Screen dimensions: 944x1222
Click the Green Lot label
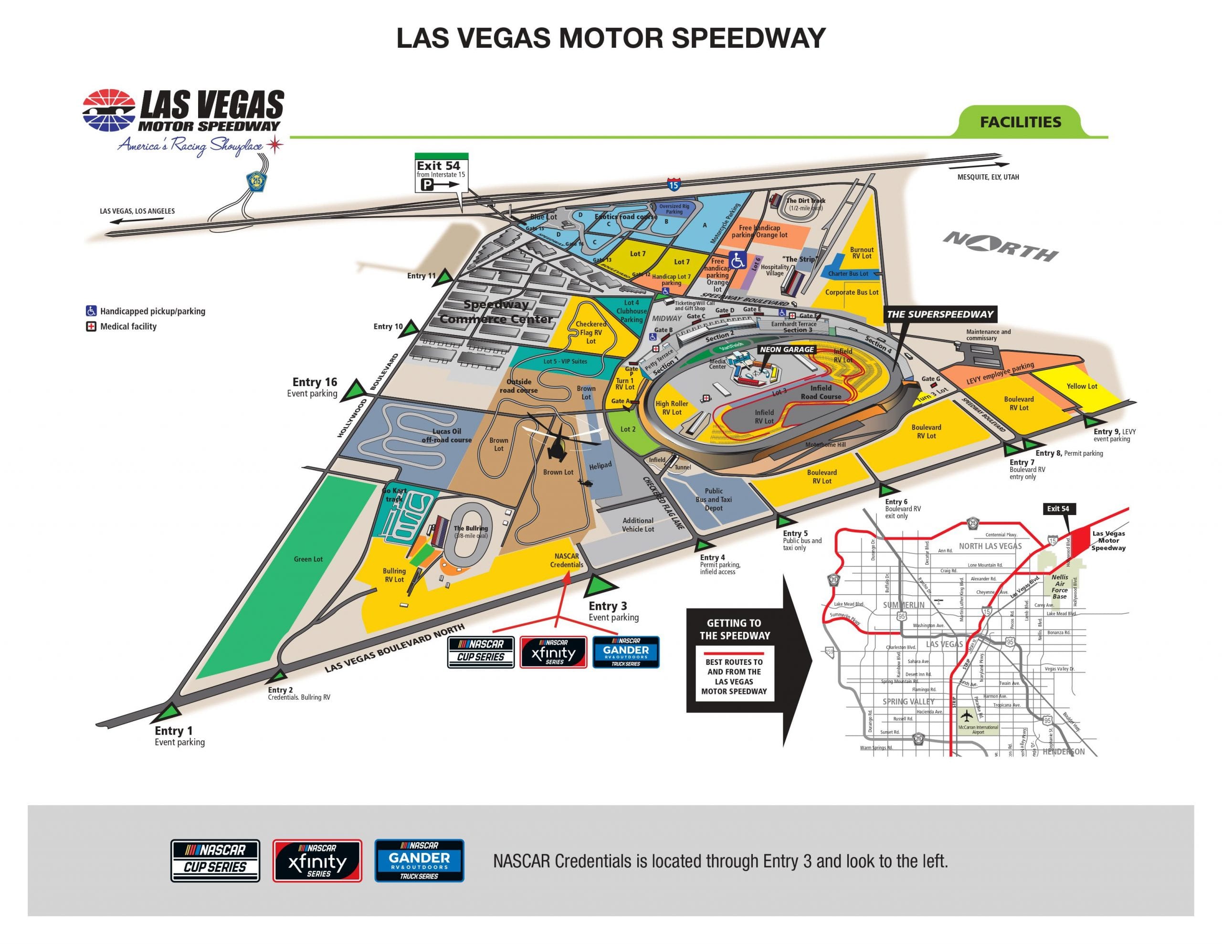308,559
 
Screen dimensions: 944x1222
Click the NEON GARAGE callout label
787,349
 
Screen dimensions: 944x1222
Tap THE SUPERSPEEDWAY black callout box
940,315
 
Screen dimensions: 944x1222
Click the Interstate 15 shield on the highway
674,185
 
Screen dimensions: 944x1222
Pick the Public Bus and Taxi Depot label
714,500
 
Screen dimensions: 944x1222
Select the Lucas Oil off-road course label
446,435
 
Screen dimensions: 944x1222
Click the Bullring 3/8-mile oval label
471,532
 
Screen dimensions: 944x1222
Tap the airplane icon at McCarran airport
966,715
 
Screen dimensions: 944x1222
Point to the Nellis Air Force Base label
1060,587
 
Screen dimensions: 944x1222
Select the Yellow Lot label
1082,386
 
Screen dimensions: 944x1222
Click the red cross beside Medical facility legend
91,326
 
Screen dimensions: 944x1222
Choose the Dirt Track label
805,204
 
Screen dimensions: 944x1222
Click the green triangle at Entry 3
600,587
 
